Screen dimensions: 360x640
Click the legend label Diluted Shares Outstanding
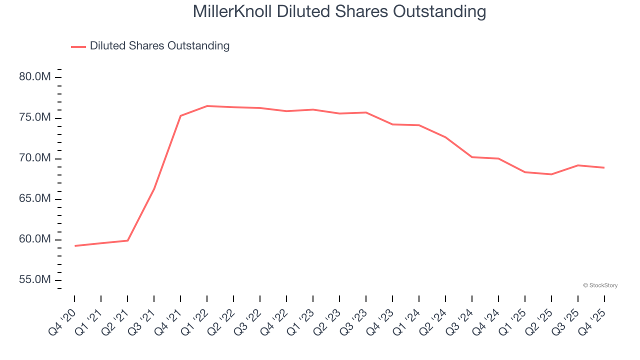(159, 46)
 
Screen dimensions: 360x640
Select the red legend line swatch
(78, 46)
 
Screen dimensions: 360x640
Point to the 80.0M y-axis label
(34, 77)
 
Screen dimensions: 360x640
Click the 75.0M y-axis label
(34, 117)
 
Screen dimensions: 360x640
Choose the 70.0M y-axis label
(34, 158)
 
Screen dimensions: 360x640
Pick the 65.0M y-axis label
(34, 199)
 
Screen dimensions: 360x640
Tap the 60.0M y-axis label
(34, 239)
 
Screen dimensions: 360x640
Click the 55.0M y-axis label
(34, 280)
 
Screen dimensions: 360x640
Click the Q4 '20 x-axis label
(62, 322)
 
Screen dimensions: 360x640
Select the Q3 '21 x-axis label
(142, 322)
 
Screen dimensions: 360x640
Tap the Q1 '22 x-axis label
(195, 322)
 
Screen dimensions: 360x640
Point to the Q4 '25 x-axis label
(592, 322)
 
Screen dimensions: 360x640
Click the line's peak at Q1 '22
(207, 106)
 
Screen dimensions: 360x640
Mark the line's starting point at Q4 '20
(74, 246)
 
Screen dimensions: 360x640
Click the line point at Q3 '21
(154, 188)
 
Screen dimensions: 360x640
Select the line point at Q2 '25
(551, 174)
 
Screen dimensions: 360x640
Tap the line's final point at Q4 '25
(604, 167)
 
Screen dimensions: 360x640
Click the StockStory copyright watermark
(600, 285)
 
